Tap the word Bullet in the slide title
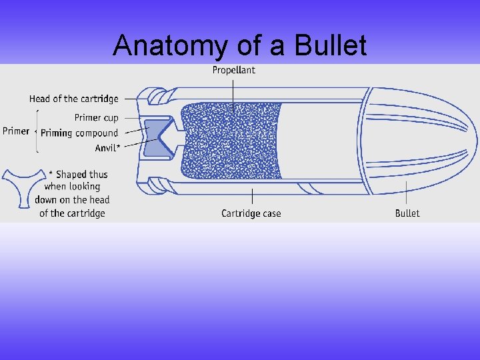pyautogui.click(x=331, y=46)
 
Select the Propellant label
pyautogui.click(x=233, y=70)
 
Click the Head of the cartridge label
pyautogui.click(x=73, y=99)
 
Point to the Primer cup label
pyautogui.click(x=96, y=117)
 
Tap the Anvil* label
pyautogui.click(x=107, y=148)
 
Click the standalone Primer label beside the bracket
pyautogui.click(x=16, y=131)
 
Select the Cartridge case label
pyautogui.click(x=251, y=213)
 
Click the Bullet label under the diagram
pyautogui.click(x=407, y=213)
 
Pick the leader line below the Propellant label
pyautogui.click(x=233, y=93)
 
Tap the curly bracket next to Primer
pyautogui.click(x=36, y=131)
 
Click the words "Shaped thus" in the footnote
pyautogui.click(x=81, y=175)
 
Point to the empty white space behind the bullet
pyautogui.click(x=320, y=140)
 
